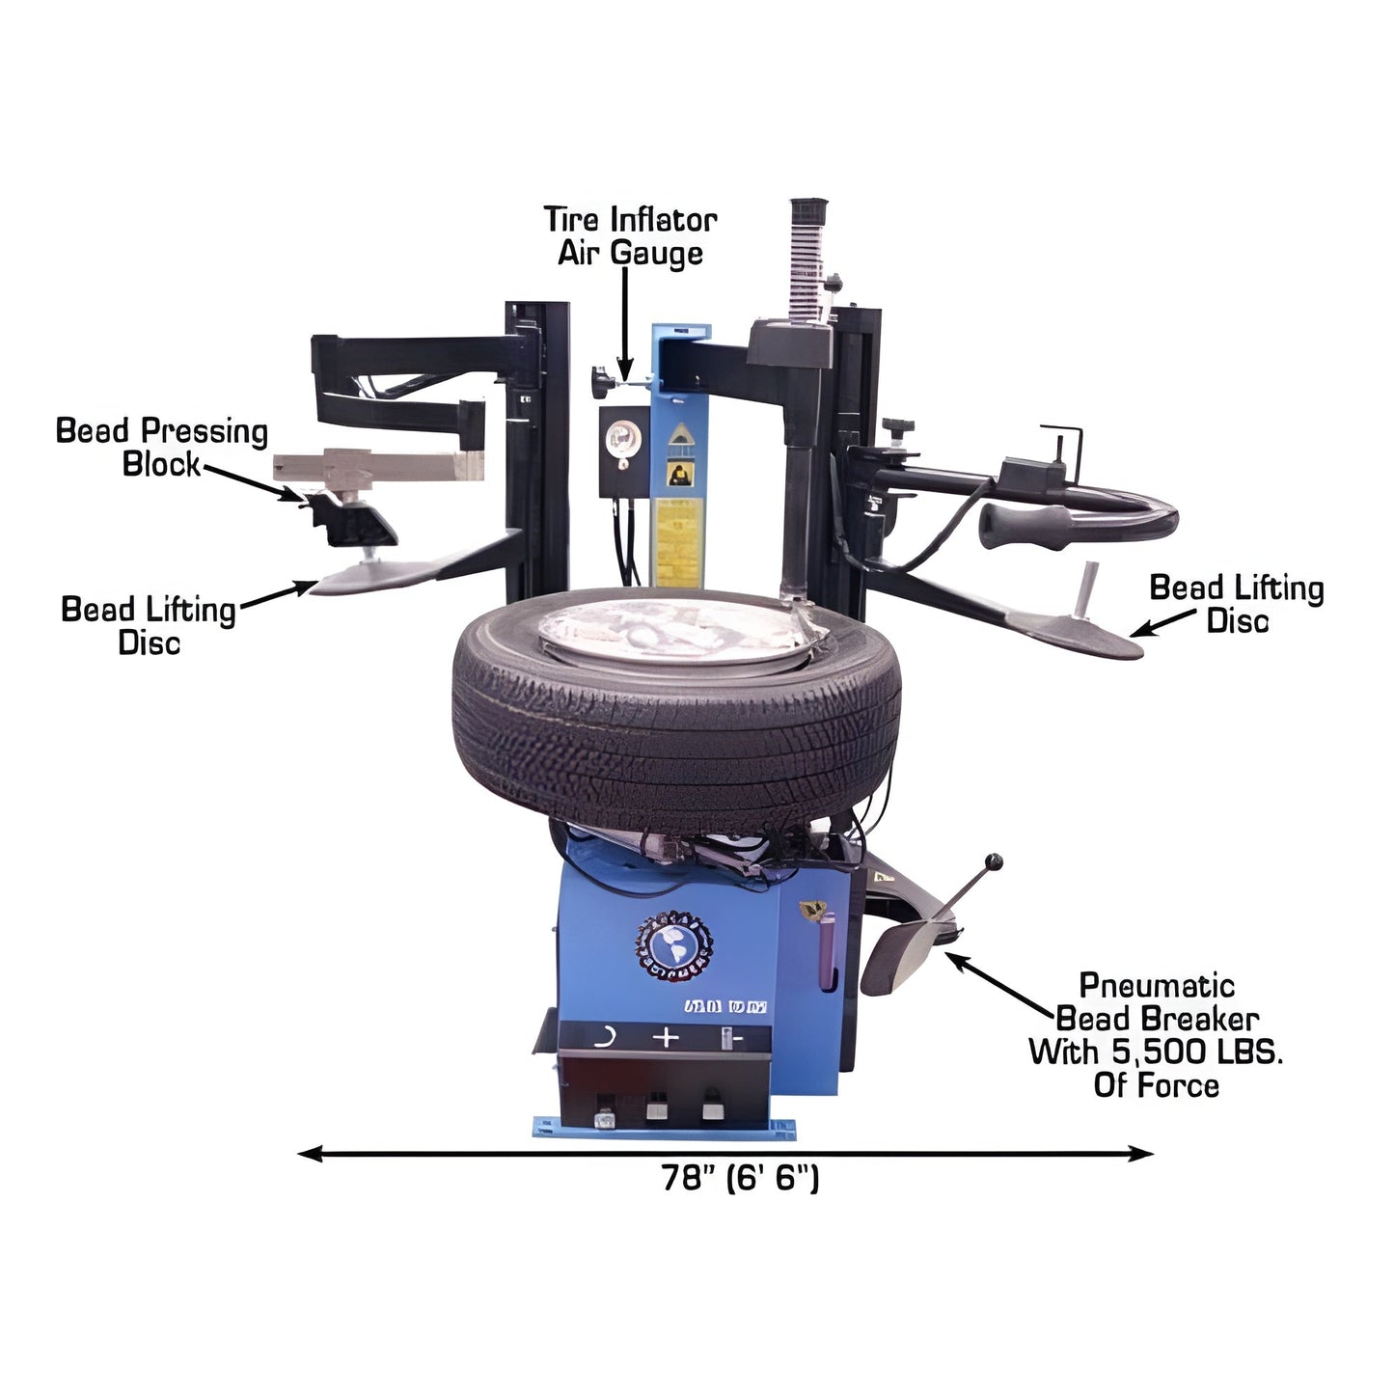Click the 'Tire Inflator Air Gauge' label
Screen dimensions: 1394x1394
coord(630,236)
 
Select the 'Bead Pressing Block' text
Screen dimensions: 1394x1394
coord(161,447)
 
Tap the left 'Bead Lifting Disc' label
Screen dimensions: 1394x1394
coord(149,626)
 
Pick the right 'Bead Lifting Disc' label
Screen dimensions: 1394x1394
coord(1236,604)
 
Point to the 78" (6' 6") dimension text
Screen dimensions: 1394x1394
coord(740,1178)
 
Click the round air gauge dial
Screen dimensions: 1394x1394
coord(617,442)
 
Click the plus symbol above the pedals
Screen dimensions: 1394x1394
coord(666,1038)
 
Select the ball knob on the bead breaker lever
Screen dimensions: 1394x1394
coord(994,861)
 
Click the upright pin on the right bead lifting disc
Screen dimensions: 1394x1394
coord(1088,590)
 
